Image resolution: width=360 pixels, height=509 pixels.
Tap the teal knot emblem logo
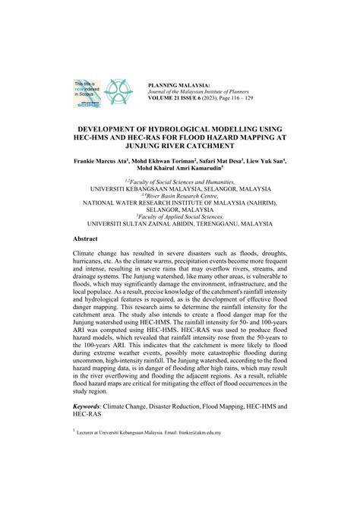pos(118,91)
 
